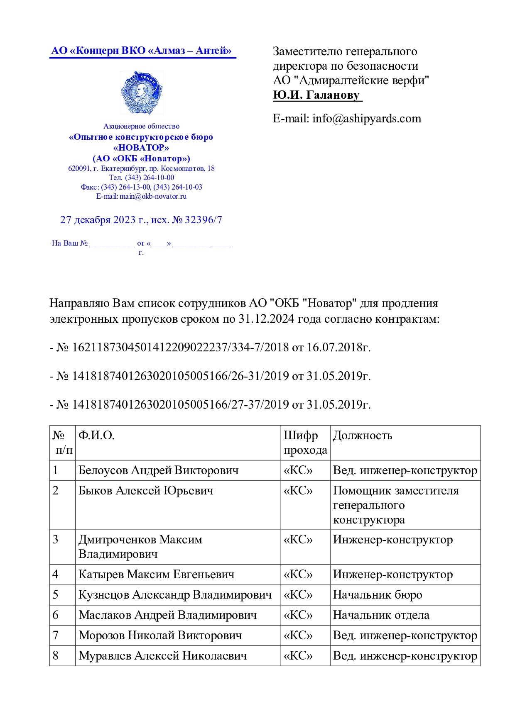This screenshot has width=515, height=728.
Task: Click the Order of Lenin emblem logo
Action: click(x=141, y=93)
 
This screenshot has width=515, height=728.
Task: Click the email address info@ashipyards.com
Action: click(x=367, y=119)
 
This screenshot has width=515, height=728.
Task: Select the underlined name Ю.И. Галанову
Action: click(x=316, y=95)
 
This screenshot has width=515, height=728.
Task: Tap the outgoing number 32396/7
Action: click(x=203, y=220)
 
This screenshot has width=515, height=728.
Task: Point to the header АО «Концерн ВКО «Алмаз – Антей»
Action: click(x=141, y=51)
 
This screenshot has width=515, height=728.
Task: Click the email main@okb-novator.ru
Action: click(x=153, y=196)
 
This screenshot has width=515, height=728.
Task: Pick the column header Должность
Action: click(x=362, y=436)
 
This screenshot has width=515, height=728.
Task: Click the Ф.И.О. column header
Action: click(x=96, y=436)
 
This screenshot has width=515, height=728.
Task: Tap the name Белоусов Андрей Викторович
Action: click(x=158, y=470)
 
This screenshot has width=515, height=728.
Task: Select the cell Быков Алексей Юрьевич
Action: click(x=146, y=491)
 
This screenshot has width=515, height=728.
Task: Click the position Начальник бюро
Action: click(x=377, y=595)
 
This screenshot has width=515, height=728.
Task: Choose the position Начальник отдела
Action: click(x=381, y=615)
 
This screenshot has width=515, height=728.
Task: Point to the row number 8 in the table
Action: click(x=56, y=656)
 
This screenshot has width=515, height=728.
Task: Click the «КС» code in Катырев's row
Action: click(x=298, y=575)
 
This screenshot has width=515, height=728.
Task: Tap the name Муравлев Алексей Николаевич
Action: click(x=162, y=656)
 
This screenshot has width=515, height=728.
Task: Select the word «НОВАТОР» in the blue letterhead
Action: click(x=141, y=148)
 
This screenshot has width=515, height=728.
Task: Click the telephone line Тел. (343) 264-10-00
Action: click(x=141, y=178)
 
